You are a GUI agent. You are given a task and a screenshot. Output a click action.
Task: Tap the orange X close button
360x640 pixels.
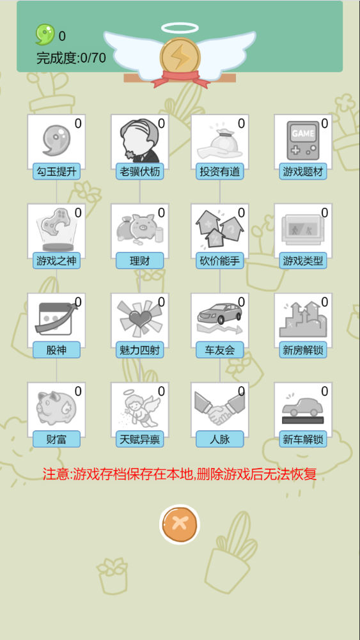[x=180, y=524]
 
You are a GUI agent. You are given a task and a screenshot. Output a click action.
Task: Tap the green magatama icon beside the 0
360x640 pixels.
[x=45, y=35]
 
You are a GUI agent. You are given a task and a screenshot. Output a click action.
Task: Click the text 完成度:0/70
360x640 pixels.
[x=72, y=58]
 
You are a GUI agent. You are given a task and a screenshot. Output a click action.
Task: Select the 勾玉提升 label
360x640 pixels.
[x=56, y=172]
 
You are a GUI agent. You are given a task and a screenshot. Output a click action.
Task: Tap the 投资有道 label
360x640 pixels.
[x=219, y=172]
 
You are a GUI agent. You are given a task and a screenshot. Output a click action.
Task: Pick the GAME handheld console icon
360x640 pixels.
[x=303, y=141]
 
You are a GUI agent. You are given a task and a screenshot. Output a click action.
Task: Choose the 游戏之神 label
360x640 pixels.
[x=56, y=261]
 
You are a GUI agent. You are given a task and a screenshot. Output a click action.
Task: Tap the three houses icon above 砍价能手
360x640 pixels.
[x=219, y=229]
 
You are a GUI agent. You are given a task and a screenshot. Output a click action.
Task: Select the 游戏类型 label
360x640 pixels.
[x=303, y=261]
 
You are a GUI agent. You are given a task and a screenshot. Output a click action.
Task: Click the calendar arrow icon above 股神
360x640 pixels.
[x=56, y=318]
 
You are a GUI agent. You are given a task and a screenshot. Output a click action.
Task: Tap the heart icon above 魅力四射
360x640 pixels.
[x=139, y=318]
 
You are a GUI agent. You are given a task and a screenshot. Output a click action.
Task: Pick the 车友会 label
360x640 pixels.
[x=219, y=350]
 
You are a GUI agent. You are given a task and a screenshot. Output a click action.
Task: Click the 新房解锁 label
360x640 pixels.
[x=303, y=350]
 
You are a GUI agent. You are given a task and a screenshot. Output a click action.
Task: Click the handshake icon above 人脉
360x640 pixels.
[x=219, y=408]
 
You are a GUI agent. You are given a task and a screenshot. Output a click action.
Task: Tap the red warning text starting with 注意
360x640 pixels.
[x=180, y=474]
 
